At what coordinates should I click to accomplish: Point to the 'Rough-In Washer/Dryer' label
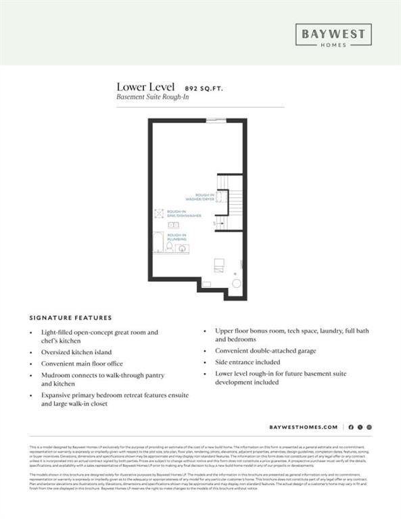[x=205, y=197]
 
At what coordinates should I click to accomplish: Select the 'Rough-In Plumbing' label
[x=177, y=237]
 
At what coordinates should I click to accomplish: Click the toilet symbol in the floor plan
[x=183, y=249]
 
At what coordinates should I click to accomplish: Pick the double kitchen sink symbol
[x=172, y=225]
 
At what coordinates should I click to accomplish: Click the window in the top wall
[x=216, y=120]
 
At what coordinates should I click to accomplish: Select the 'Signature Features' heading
[x=71, y=317]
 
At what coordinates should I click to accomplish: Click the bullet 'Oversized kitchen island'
[x=76, y=352]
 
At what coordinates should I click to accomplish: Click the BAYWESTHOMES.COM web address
[x=303, y=427]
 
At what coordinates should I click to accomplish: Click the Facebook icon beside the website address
[x=352, y=427]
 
